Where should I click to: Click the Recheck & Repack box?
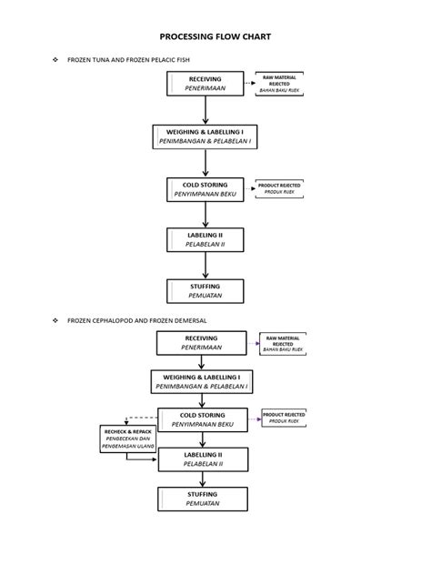click(127, 439)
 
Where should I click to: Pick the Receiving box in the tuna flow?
click(205, 84)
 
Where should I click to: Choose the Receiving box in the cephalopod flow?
click(200, 342)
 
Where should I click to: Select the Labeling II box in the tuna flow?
click(205, 239)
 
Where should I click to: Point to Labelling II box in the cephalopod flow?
click(204, 459)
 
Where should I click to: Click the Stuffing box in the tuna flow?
click(205, 291)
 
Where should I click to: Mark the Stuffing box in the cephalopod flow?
click(204, 499)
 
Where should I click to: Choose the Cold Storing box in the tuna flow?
click(205, 189)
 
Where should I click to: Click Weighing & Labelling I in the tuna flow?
click(205, 137)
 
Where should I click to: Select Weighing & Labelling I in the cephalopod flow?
click(201, 381)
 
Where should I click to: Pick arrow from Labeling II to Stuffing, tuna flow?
click(205, 266)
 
